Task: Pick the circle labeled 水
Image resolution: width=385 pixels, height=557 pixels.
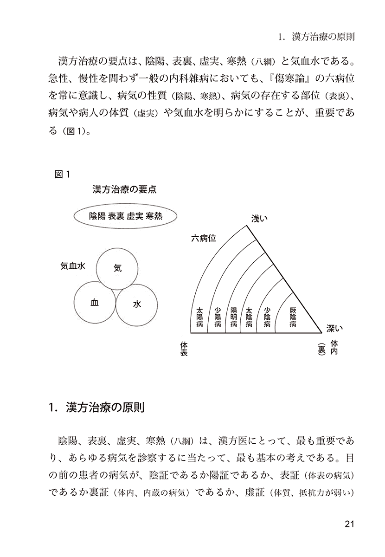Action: [137, 304]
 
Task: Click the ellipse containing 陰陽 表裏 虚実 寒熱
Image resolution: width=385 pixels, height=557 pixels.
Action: [122, 216]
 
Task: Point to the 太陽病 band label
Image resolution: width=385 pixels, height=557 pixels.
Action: [199, 317]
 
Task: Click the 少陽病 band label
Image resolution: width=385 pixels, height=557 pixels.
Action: [218, 317]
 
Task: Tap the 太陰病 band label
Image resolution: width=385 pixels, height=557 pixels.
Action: [249, 317]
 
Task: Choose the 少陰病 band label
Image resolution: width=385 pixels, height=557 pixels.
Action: [267, 317]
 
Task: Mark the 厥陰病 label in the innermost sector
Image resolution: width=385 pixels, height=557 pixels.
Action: [292, 317]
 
